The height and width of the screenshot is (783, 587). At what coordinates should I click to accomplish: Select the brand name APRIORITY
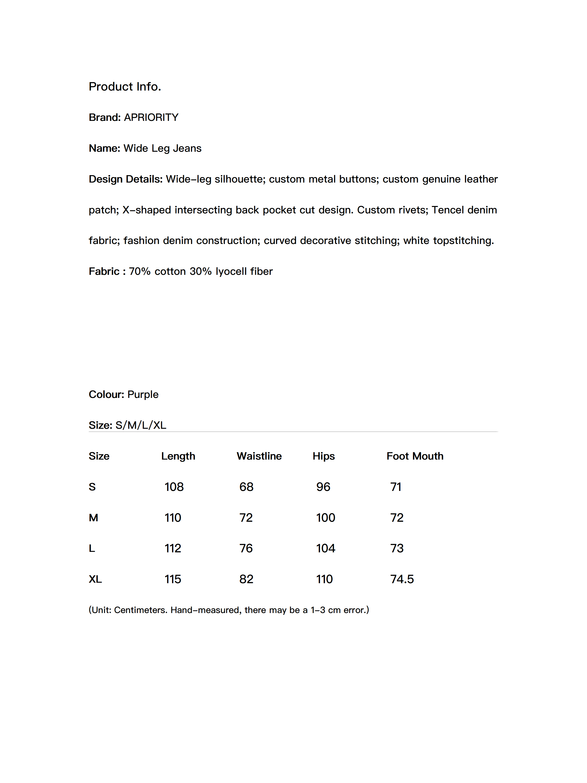point(151,117)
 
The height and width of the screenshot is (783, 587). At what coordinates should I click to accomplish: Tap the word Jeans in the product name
point(187,148)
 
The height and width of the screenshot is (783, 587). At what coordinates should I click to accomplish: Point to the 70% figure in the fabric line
point(140,272)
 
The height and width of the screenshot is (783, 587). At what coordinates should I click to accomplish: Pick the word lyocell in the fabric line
point(231,272)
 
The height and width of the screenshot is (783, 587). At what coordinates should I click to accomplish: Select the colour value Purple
point(143,394)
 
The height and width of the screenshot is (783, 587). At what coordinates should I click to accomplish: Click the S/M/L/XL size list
point(141,425)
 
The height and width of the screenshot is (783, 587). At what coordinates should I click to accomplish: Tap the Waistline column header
point(259,456)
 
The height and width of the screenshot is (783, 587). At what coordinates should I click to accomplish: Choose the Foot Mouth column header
point(415,456)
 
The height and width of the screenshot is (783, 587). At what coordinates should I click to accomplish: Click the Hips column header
point(323,456)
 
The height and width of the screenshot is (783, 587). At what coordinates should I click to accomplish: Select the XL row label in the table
point(95,579)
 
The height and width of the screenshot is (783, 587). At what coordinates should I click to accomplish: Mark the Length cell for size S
point(174,487)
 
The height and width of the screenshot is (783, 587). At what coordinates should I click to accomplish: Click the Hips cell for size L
point(325,548)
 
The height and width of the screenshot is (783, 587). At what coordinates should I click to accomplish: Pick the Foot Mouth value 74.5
point(402,579)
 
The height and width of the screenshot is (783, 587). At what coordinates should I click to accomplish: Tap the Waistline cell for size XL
point(246,579)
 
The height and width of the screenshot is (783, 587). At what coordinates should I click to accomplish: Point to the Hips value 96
point(323,487)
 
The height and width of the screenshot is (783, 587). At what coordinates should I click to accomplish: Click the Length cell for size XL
point(173,579)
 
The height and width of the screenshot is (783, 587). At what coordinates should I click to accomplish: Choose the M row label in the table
point(93,518)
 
